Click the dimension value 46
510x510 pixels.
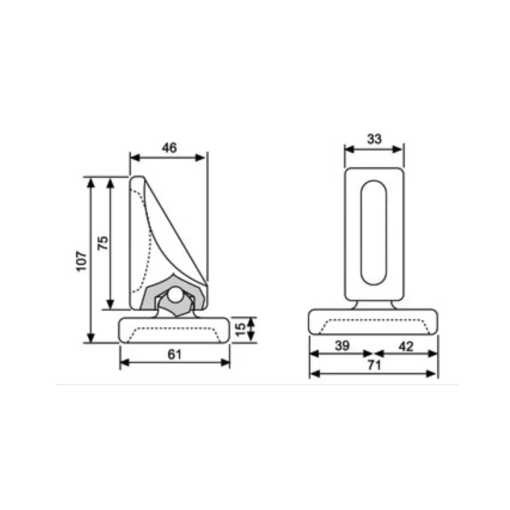point(169,148)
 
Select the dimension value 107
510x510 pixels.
point(82,261)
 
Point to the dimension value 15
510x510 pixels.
point(240,330)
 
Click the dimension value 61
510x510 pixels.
point(175,354)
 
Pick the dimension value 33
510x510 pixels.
point(374,139)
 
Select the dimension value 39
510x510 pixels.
point(342,346)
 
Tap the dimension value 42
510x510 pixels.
point(406,346)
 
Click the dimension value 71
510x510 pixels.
point(374,365)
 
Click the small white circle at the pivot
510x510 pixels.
point(175,294)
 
